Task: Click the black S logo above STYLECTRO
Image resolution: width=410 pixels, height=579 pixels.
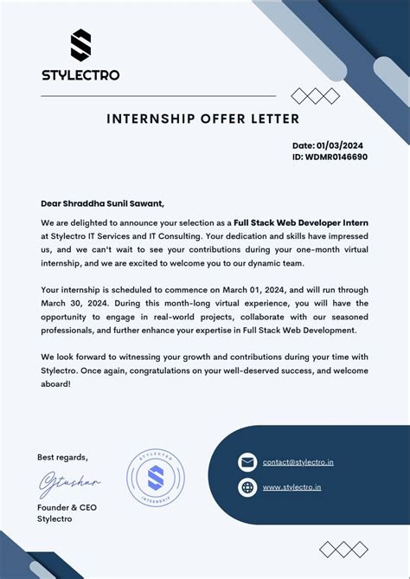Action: pos(80,46)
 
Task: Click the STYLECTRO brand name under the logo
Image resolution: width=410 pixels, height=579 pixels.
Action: pos(80,74)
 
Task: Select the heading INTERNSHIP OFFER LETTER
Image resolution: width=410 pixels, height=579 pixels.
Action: pos(202,119)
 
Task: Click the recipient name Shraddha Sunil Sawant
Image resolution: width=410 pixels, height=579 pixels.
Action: pos(114,203)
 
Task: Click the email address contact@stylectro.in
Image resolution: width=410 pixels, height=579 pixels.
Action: pos(298,462)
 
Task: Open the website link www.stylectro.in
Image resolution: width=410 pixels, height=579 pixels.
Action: pos(291,487)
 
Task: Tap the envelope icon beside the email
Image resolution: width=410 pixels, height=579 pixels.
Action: pos(247,462)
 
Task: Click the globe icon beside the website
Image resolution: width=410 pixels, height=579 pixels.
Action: pos(247,487)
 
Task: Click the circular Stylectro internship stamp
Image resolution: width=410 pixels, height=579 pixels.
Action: pos(156,479)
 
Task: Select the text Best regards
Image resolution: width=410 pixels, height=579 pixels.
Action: pos(62,457)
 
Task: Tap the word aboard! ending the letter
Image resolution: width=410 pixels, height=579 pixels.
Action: pos(55,384)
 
